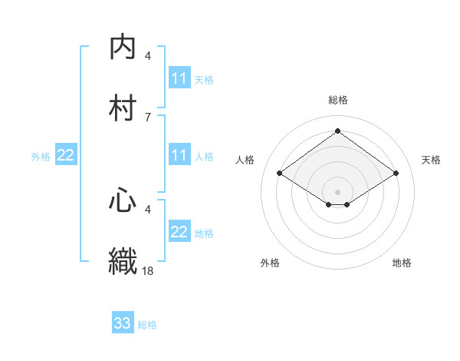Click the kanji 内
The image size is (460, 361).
(x=123, y=47)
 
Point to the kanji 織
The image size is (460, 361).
(x=123, y=260)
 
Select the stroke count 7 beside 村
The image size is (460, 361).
(x=148, y=117)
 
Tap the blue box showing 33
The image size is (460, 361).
(x=123, y=323)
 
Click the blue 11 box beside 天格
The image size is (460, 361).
(x=179, y=78)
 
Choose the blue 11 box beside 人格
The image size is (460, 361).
(x=179, y=155)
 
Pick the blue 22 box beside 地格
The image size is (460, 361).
(x=179, y=232)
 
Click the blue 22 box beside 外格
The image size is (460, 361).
(x=66, y=155)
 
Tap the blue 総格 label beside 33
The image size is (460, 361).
(x=147, y=325)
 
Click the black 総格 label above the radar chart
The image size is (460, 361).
(x=337, y=100)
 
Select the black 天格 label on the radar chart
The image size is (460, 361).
(x=431, y=160)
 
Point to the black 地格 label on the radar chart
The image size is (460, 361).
(x=402, y=263)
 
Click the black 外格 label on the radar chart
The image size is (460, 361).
(x=270, y=263)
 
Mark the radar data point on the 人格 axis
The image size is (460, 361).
(x=280, y=174)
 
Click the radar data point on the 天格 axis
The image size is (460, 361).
(x=396, y=174)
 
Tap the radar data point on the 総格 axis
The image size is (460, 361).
(x=337, y=131)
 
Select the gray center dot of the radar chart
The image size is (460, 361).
(x=337, y=191)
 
